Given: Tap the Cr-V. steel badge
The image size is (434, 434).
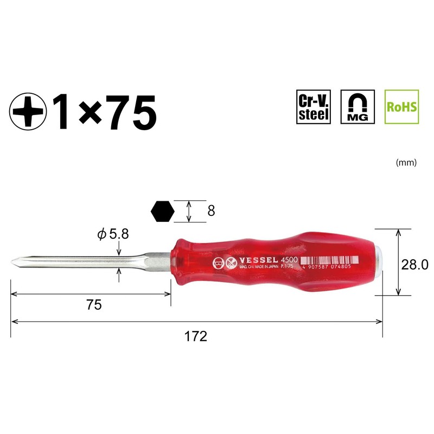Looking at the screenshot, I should pyautogui.click(x=314, y=107).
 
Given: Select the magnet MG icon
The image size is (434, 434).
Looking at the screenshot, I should pyautogui.click(x=357, y=107).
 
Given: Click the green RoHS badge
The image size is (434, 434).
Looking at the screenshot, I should pyautogui.click(x=401, y=106).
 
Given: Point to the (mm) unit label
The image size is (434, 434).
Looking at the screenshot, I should pyautogui.click(x=406, y=162).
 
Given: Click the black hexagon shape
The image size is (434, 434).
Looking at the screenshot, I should pyautogui.click(x=163, y=211).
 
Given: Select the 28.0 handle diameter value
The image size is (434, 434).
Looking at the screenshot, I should pyautogui.click(x=415, y=265).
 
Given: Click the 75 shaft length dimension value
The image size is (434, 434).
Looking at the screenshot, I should pyautogui.click(x=94, y=305).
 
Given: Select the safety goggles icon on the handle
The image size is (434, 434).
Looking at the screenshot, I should pyautogui.click(x=218, y=264).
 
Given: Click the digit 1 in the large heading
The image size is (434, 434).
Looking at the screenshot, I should pyautogui.click(x=61, y=112).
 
